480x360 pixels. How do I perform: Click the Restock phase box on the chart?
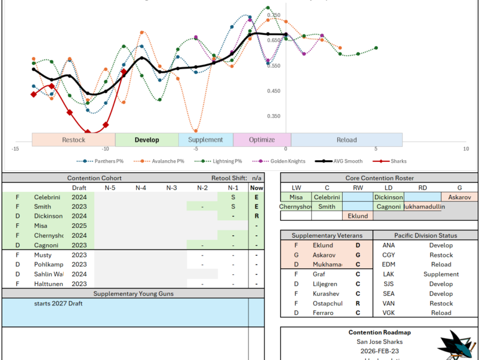73,140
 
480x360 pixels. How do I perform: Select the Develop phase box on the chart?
147,140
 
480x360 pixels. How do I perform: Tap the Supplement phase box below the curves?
206,140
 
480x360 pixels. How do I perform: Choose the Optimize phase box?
262,140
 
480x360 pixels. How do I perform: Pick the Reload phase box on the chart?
346,140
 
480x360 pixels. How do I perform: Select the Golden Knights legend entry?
285,161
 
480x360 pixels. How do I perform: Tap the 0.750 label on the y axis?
273,15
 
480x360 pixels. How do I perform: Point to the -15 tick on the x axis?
15,148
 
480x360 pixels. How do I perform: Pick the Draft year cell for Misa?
79,226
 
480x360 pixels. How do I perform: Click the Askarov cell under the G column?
460,197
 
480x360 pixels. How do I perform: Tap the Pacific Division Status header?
427,236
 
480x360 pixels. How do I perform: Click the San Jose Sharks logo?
455,346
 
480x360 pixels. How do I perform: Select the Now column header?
257,188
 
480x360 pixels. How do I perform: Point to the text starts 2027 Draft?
59,304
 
